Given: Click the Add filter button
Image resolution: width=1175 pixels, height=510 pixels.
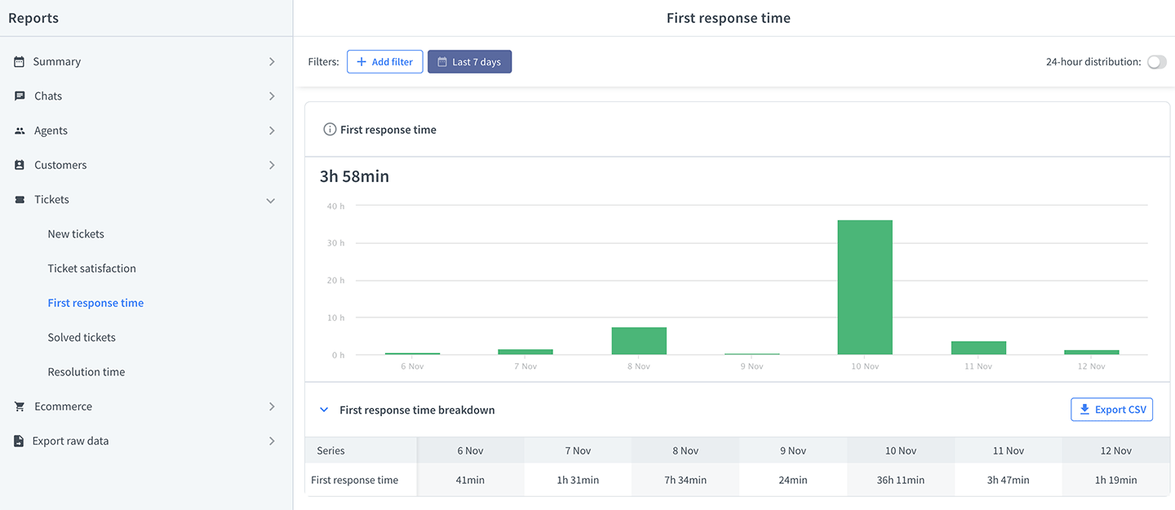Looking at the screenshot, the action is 384,62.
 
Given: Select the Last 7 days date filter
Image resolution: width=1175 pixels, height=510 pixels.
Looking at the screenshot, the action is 469,62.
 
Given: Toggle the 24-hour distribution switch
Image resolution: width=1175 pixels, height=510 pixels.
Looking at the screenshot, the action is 1156,62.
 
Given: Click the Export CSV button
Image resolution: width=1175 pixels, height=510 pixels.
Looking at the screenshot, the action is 1111,410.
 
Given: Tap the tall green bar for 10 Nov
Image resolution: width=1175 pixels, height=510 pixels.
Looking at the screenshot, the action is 864,287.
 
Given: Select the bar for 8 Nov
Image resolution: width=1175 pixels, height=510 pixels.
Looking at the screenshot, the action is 639,340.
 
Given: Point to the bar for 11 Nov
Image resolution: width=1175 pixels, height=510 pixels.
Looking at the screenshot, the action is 978,348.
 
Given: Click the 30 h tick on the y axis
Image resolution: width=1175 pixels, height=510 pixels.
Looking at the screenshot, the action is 335,243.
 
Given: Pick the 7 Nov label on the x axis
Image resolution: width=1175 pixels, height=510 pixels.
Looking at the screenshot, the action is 525,366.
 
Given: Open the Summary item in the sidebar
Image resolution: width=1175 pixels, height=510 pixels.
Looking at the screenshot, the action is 56,61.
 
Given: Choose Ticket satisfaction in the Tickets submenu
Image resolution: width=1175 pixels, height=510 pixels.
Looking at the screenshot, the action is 91,268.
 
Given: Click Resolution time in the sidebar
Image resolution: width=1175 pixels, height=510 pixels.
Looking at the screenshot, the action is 86,371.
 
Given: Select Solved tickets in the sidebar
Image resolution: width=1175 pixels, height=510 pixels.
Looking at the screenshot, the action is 82,337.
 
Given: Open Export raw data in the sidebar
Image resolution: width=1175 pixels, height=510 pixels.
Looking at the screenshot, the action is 70,441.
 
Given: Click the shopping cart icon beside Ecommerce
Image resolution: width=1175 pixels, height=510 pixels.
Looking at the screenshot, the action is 20,406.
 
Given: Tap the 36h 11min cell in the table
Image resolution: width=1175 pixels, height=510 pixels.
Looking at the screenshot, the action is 900,480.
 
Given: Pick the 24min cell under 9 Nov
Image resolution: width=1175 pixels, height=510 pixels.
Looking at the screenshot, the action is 792,480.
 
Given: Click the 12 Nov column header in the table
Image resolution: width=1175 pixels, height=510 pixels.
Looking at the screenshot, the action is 1115,450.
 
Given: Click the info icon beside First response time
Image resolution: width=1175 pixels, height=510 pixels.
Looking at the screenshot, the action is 330,129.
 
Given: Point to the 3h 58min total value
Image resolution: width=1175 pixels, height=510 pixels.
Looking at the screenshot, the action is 355,176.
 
